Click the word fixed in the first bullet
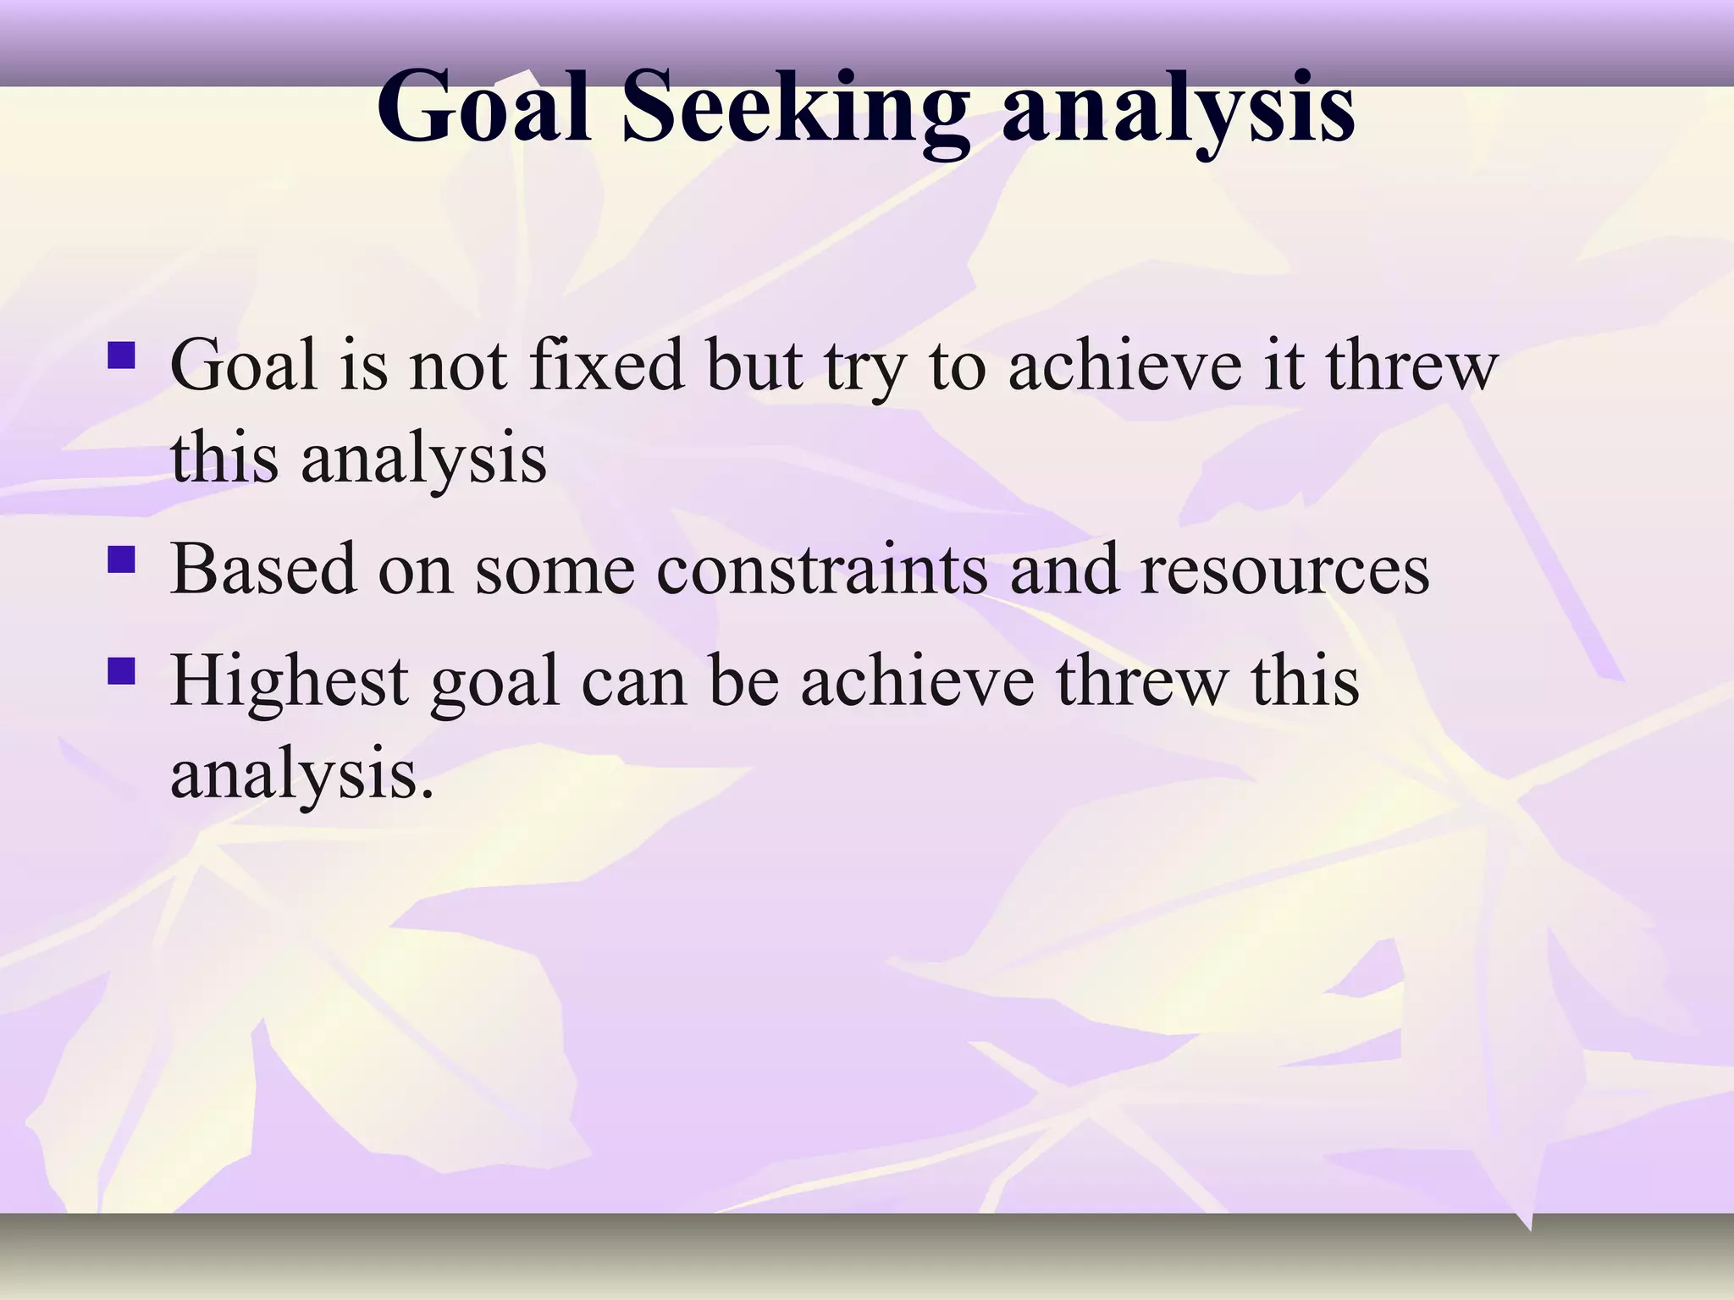pyautogui.click(x=606, y=366)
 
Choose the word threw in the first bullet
pyautogui.click(x=1411, y=366)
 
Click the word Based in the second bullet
pyautogui.click(x=262, y=569)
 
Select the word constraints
pyautogui.click(x=821, y=569)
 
